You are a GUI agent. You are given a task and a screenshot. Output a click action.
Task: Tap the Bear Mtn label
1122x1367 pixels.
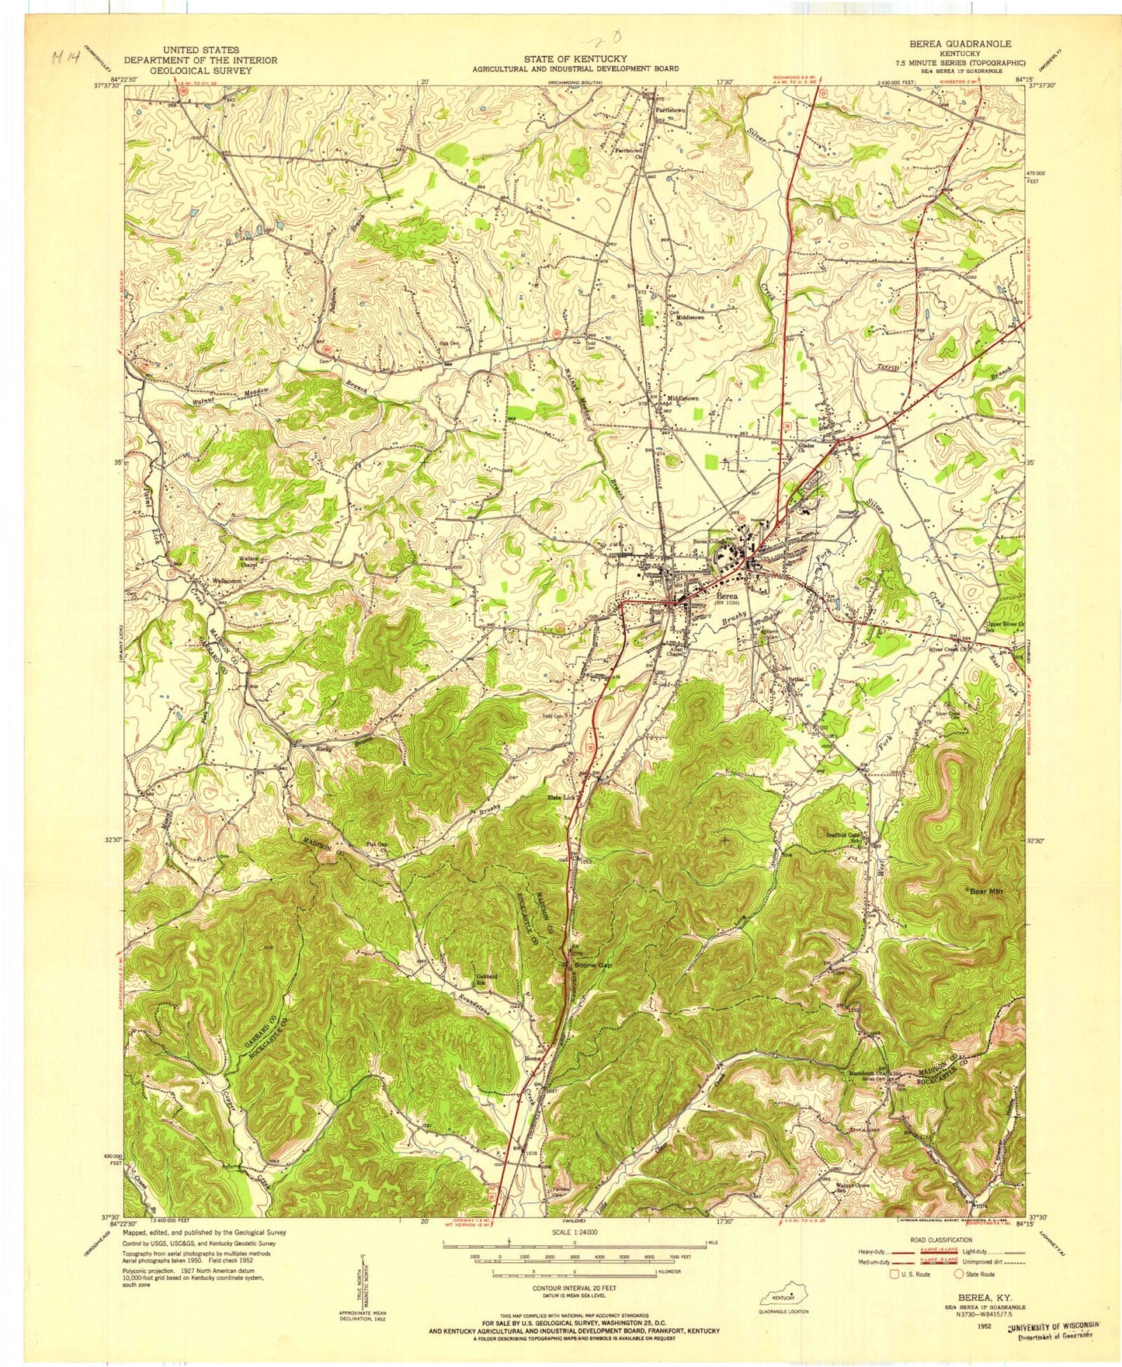(985, 891)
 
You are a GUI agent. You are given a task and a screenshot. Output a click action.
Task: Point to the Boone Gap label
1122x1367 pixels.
(593, 965)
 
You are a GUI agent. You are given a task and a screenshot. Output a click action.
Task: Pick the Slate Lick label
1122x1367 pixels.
(561, 798)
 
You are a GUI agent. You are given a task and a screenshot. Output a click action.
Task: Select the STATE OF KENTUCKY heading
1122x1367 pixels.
(575, 58)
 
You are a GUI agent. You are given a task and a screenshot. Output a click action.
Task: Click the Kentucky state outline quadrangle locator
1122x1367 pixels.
(782, 1297)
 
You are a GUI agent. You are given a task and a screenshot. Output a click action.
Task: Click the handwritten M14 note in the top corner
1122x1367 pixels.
(59, 57)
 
